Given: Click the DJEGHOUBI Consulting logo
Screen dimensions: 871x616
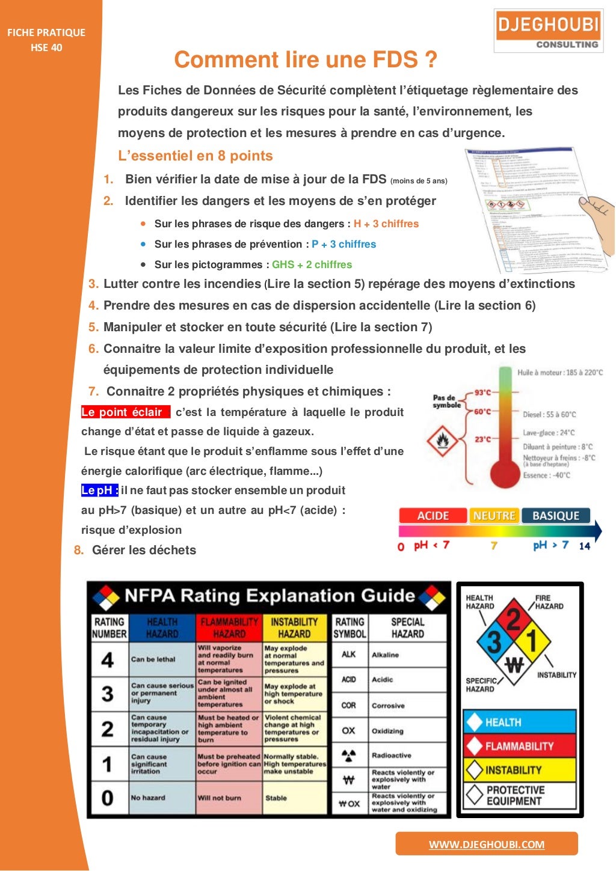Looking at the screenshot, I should point(548,31).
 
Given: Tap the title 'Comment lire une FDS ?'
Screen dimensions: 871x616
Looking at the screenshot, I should point(306,60).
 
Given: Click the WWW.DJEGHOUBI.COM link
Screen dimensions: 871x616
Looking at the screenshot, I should point(486,844).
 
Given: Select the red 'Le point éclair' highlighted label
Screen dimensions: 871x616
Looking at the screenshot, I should point(125,412).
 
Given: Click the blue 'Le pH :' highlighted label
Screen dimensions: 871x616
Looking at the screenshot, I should point(100,491).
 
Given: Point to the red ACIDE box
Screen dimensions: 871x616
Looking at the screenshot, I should point(433,516).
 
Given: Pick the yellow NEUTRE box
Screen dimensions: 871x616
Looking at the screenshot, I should point(494,516).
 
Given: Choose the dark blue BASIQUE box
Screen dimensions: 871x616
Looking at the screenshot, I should point(555,516).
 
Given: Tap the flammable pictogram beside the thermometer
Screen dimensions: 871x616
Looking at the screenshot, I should point(442,441).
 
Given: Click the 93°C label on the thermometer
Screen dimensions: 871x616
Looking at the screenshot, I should point(482,393).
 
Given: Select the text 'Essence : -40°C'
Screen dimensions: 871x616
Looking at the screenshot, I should point(546,475).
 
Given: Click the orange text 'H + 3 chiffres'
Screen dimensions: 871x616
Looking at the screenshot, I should point(386,224).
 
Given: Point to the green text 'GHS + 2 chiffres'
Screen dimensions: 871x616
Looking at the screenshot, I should point(312,264).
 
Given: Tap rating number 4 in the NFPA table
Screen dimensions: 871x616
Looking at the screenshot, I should point(108,660).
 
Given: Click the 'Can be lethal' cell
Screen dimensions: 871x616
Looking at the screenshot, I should point(153,659).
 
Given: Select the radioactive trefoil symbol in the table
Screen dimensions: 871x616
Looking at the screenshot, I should point(348,755).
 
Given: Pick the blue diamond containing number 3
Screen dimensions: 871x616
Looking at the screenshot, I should point(494,641).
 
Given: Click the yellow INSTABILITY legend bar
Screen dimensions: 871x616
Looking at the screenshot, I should point(519,770).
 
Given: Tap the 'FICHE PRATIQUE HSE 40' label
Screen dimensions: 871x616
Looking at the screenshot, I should point(46,40).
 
